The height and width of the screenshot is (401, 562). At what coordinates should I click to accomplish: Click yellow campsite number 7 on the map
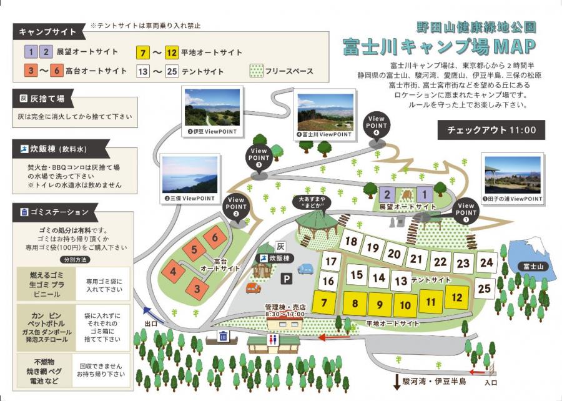click(323, 303)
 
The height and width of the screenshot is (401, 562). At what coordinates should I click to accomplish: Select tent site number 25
click(485, 289)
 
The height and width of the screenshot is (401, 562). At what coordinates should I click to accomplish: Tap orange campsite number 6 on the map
click(215, 237)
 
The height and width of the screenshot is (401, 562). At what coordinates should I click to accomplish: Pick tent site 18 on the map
click(352, 242)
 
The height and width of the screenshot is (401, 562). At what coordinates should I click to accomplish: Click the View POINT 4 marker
click(377, 126)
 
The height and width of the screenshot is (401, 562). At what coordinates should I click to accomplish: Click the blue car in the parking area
click(305, 269)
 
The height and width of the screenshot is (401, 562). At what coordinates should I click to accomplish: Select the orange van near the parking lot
click(253, 288)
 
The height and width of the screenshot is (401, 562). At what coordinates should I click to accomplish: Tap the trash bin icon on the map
click(223, 336)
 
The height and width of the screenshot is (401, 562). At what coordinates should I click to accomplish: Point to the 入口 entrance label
click(491, 382)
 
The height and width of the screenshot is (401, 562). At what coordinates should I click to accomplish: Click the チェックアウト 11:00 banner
click(491, 130)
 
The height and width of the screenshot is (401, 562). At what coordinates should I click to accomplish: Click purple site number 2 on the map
click(388, 194)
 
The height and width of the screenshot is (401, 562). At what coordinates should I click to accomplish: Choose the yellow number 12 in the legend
click(172, 52)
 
